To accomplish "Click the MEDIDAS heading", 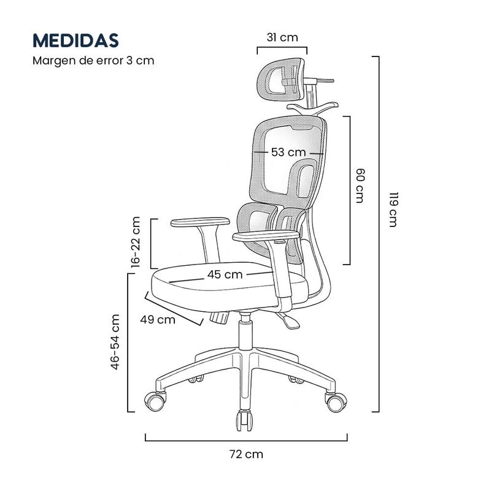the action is pos(75,41).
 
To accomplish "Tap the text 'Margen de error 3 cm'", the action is pos(93,60).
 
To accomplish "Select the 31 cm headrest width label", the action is pos(282,37).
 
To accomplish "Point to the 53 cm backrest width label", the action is pos(288,152).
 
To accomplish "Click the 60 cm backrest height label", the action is pos(360,186).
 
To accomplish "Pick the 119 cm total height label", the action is pos(393,209).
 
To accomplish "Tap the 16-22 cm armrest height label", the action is pos(136,242).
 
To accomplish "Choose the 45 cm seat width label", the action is pos(225,274).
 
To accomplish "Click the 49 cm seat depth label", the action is pos(158,320).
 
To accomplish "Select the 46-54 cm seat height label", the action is pos(115,342).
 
